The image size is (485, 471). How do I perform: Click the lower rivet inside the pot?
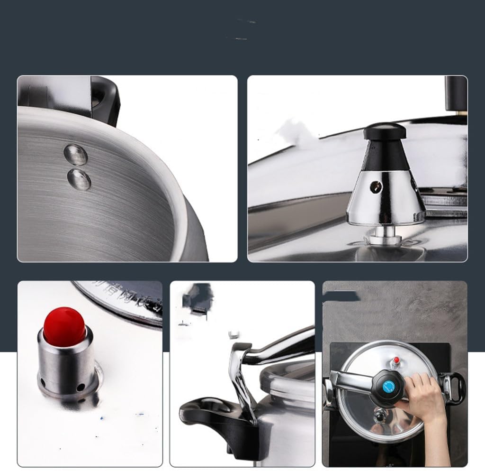click(x=79, y=180)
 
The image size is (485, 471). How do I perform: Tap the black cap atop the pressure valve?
click(x=384, y=130)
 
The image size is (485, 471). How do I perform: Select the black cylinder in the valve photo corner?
click(x=455, y=92)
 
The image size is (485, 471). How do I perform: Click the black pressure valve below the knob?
click(x=378, y=416)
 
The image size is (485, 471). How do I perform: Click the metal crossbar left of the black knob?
click(x=353, y=379)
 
